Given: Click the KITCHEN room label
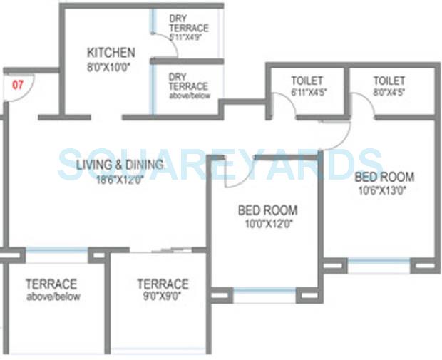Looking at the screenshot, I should tap(110, 53).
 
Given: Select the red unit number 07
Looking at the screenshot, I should tap(18, 84).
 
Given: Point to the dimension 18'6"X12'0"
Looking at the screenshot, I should tap(120, 180).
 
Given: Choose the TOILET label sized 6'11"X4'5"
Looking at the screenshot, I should tap(307, 81).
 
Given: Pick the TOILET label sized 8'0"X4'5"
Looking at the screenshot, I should tap(389, 81).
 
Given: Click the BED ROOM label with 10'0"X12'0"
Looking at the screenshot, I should tap(267, 210).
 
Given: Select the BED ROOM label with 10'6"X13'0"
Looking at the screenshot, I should tap(385, 177).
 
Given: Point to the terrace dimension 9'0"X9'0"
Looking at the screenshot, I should tap(163, 297).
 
